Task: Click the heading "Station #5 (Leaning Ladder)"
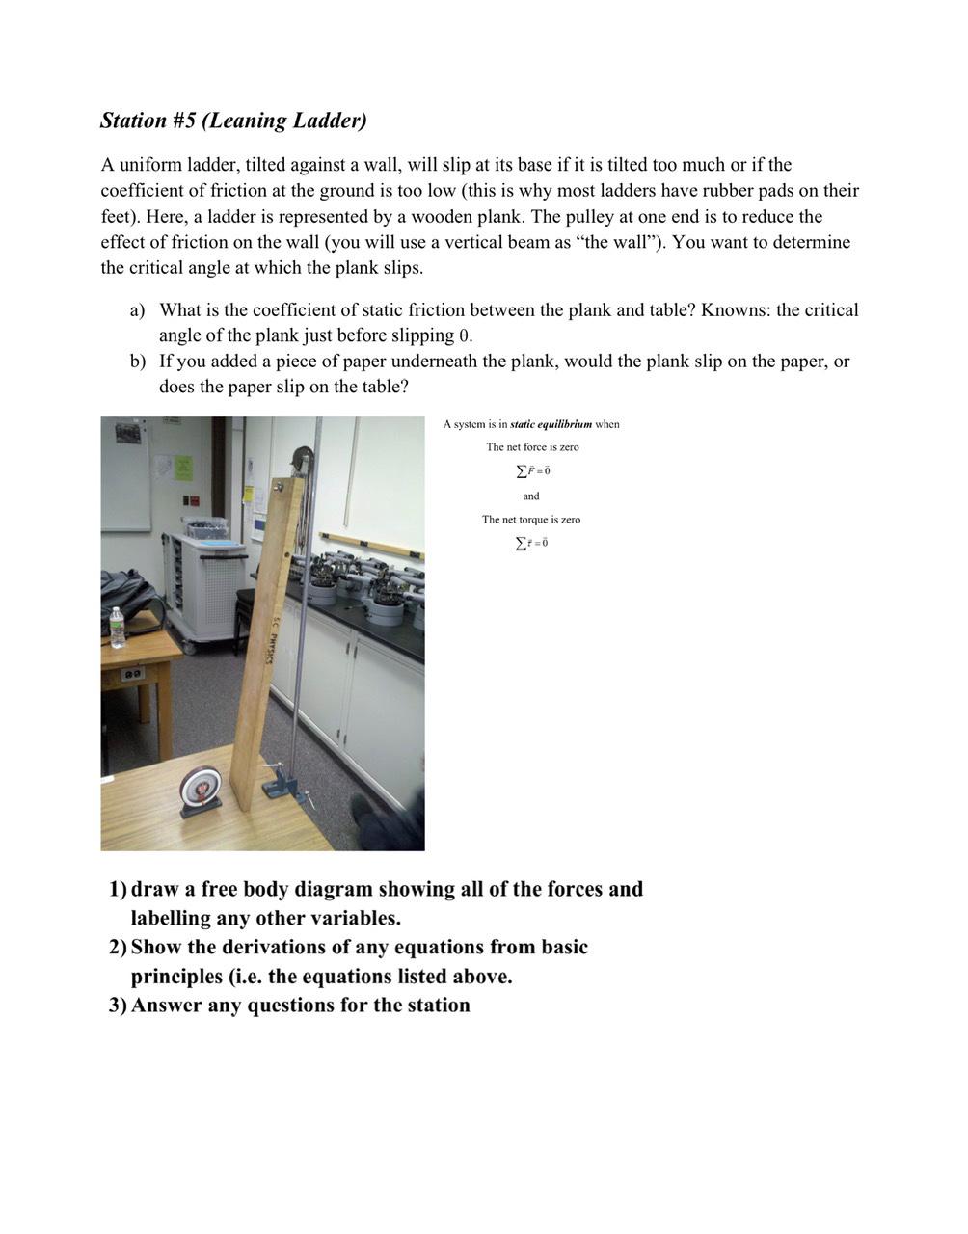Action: [233, 121]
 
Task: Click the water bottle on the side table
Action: [118, 628]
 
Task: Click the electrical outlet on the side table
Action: [133, 673]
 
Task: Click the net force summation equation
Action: [532, 471]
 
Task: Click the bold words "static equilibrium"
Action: [551, 424]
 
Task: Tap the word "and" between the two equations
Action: [531, 496]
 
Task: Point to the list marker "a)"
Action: [138, 310]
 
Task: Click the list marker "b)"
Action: [138, 362]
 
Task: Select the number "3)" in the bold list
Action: [118, 1006]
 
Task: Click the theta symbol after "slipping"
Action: [463, 336]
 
